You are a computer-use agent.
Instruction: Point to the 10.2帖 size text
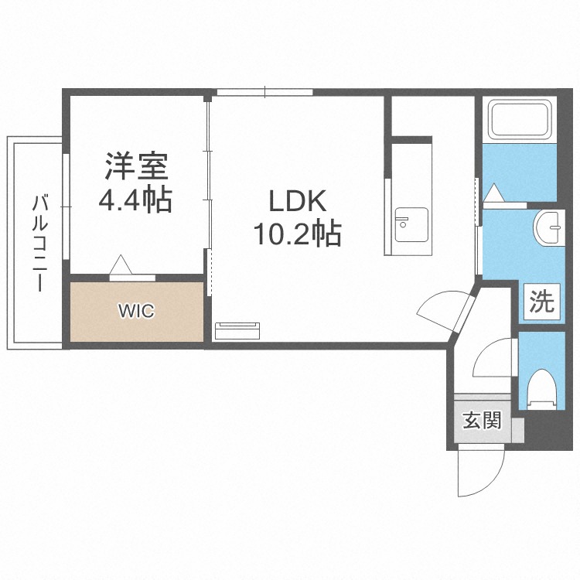click(299, 234)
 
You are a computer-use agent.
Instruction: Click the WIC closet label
click(136, 311)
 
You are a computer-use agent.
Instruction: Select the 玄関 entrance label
click(482, 420)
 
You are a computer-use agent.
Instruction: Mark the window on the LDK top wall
click(264, 93)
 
